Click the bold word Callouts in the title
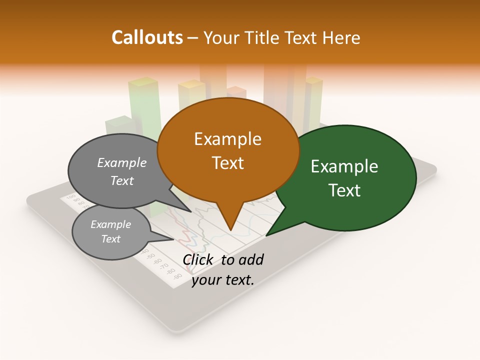pos(147,37)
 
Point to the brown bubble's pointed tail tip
pos(230,230)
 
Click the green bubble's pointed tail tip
pos(266,235)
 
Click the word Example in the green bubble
pos(344,166)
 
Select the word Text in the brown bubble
pos(228,163)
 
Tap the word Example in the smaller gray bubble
pos(110,224)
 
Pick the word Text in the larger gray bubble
pos(122,180)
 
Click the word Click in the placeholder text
pos(199,259)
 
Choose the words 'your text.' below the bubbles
pos(223,280)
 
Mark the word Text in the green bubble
pos(345,190)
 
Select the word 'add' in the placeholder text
pos(250,259)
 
